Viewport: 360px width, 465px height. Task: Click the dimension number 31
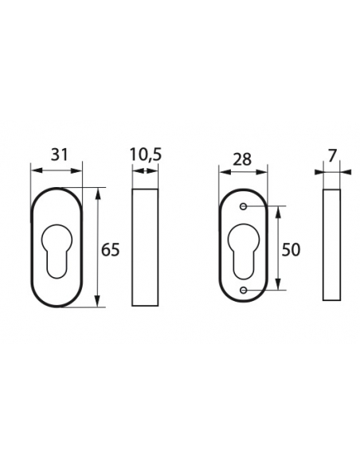coord(59,154)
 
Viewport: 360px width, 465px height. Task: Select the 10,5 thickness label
coord(146,155)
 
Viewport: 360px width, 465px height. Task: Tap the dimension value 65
coord(111,250)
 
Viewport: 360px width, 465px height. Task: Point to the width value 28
coord(242,159)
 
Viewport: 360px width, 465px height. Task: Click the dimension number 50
coord(291,250)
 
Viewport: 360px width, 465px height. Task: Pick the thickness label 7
coord(332,156)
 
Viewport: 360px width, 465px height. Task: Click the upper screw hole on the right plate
coord(244,206)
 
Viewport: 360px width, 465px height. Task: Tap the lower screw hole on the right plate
coord(244,290)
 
